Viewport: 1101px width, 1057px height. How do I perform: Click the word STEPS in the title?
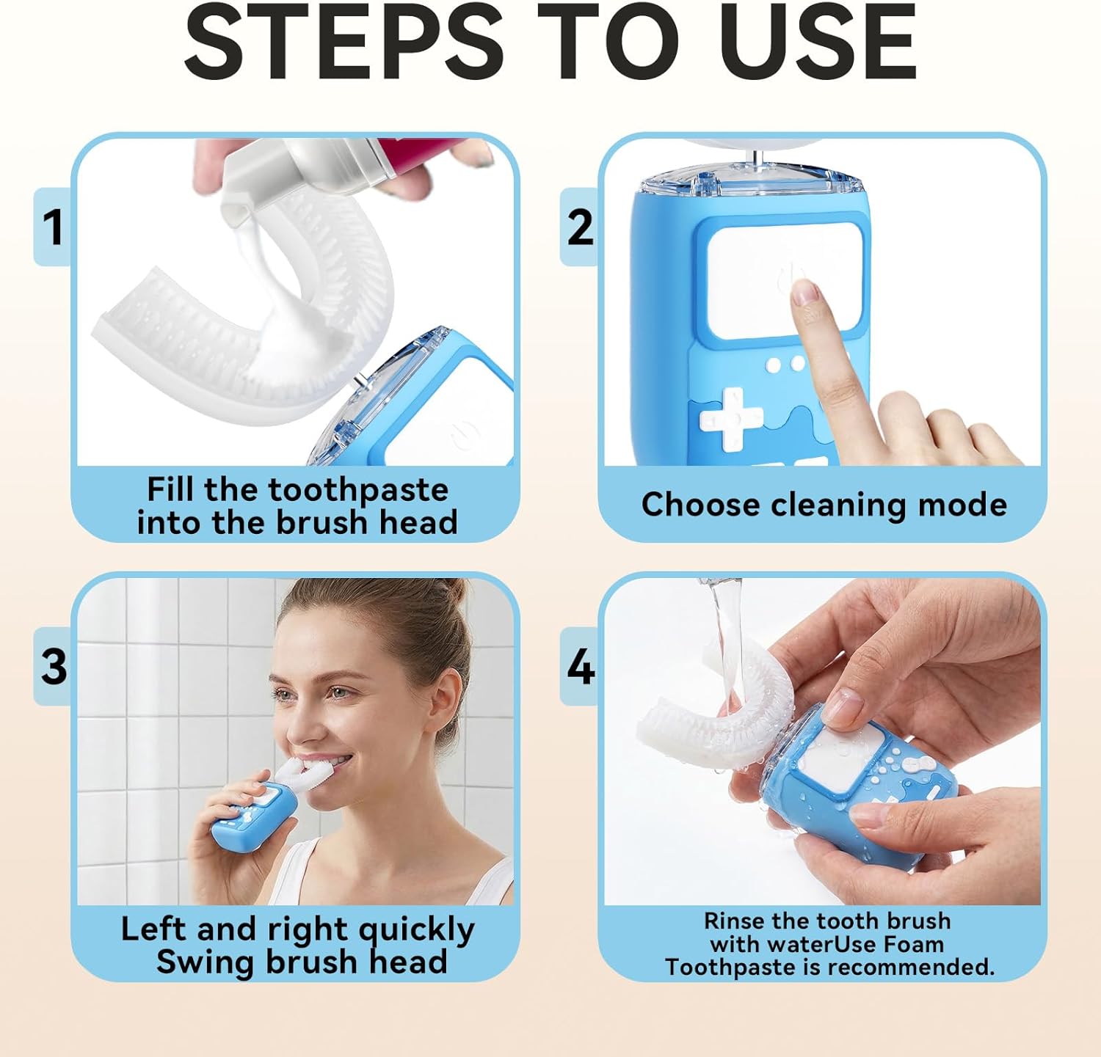pyautogui.click(x=344, y=42)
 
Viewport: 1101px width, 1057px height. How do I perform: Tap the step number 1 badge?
pyautogui.click(x=53, y=227)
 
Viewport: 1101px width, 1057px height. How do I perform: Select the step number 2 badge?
pyautogui.click(x=580, y=227)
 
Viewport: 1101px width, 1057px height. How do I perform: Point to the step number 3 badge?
pyautogui.click(x=54, y=667)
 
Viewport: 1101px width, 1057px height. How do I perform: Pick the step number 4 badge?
pyautogui.click(x=581, y=667)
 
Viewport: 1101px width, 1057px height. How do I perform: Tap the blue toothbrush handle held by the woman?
pyautogui.click(x=253, y=814)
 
